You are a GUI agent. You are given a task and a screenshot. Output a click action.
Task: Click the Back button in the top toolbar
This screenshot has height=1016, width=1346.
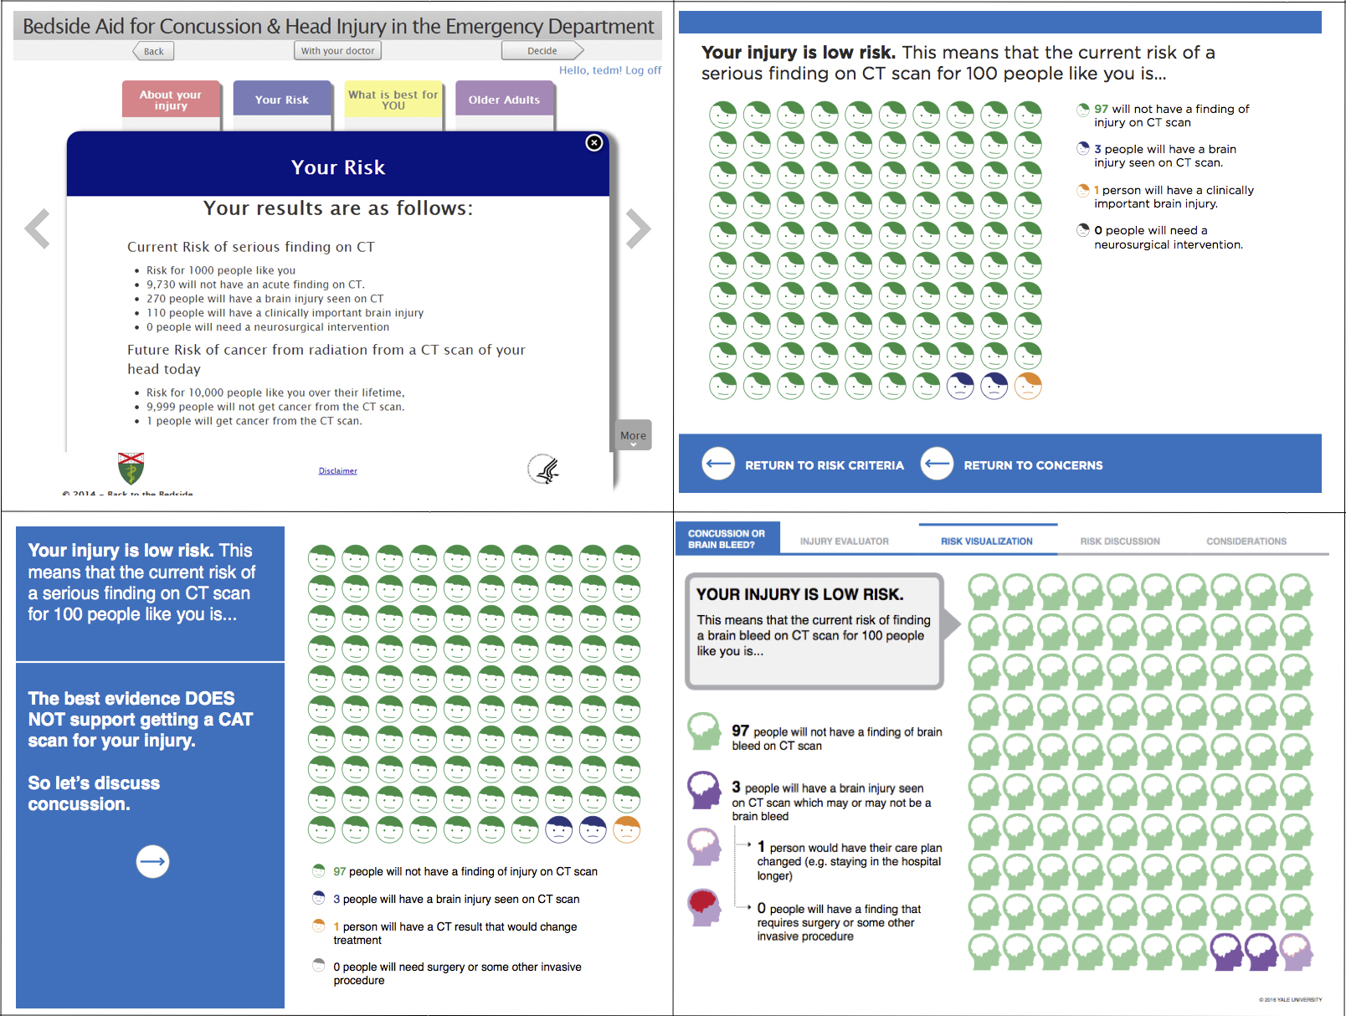tap(153, 51)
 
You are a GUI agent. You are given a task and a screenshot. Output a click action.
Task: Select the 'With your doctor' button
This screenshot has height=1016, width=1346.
tap(337, 51)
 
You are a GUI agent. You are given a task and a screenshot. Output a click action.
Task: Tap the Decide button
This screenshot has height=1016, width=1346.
tap(542, 51)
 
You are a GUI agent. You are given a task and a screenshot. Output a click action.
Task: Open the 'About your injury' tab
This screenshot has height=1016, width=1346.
tap(171, 100)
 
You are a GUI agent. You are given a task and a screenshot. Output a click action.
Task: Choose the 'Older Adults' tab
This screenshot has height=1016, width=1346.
tap(504, 100)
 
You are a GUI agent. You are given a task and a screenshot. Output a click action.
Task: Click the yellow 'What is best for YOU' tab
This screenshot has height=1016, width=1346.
tap(393, 100)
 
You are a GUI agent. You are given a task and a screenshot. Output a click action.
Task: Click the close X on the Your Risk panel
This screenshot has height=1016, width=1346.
tap(594, 143)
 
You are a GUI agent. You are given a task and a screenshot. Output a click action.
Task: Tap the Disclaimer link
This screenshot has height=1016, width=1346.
tap(337, 471)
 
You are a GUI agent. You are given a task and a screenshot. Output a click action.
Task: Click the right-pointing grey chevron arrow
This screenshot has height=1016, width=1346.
tap(638, 228)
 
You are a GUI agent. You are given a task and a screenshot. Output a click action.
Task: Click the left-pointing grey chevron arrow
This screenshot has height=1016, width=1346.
tap(38, 228)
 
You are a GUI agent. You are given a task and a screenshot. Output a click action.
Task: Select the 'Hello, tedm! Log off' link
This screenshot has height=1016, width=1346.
tap(609, 70)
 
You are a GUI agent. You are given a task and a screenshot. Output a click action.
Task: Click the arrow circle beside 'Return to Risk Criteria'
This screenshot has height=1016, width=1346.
tap(718, 464)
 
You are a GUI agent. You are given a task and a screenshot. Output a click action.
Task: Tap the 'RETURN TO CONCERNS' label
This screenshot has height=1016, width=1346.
tap(1033, 465)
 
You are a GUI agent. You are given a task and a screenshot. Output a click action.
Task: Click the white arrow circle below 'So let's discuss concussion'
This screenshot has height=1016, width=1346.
tap(152, 861)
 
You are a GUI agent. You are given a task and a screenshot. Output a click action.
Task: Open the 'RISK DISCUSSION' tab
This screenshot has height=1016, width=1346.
tap(1119, 541)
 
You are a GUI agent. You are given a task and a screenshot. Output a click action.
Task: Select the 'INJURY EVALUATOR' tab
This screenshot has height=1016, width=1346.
tap(844, 541)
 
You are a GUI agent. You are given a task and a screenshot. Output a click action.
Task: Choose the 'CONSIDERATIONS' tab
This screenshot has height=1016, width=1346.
tap(1246, 541)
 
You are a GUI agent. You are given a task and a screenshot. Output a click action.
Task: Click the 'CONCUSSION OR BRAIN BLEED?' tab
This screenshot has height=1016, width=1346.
tap(727, 539)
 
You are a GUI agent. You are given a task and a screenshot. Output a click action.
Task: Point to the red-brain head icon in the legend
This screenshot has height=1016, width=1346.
tap(705, 907)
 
